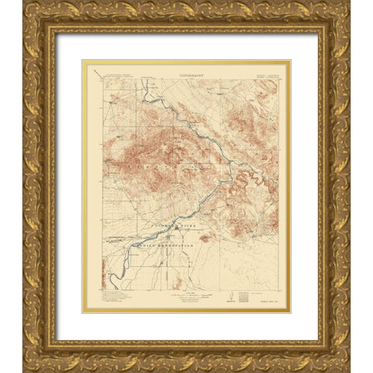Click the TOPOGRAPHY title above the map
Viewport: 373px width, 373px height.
coord(186,68)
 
